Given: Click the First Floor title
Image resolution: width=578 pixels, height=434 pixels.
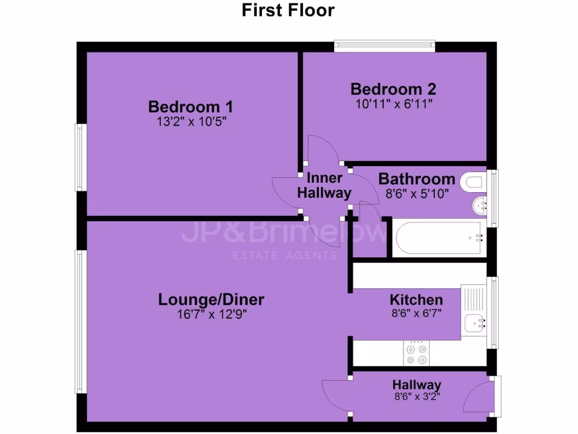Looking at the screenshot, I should (288, 10).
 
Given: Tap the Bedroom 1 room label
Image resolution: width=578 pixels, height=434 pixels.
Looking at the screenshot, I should (190, 106).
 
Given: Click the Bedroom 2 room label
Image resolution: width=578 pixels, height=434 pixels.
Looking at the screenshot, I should (393, 89).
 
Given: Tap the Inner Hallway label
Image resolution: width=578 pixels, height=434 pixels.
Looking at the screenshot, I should (324, 185).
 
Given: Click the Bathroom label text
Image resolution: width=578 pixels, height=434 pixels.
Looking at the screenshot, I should (417, 179).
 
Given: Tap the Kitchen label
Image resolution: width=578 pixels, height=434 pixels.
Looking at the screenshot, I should (416, 300).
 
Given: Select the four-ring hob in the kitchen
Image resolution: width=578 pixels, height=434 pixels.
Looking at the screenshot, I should (416, 353).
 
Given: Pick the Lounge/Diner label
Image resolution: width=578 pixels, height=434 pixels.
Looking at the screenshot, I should (211, 300).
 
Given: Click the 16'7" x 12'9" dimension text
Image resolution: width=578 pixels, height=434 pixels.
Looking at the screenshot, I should (211, 314).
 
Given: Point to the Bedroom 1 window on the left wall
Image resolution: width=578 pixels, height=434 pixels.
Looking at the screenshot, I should (81, 158).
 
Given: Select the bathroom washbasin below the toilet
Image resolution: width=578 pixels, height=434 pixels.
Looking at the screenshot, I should (479, 205).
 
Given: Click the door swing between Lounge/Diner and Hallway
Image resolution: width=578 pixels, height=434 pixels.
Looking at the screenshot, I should (336, 393).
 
